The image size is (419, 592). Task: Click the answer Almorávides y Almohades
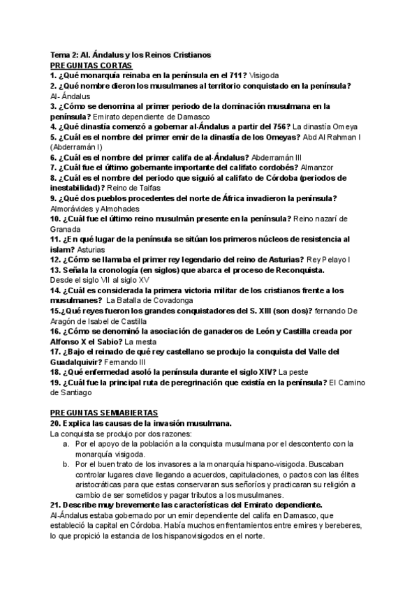[95, 209]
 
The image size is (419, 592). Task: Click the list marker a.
[65, 443]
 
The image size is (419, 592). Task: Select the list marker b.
[65, 464]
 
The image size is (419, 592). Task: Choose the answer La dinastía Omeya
[325, 127]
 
